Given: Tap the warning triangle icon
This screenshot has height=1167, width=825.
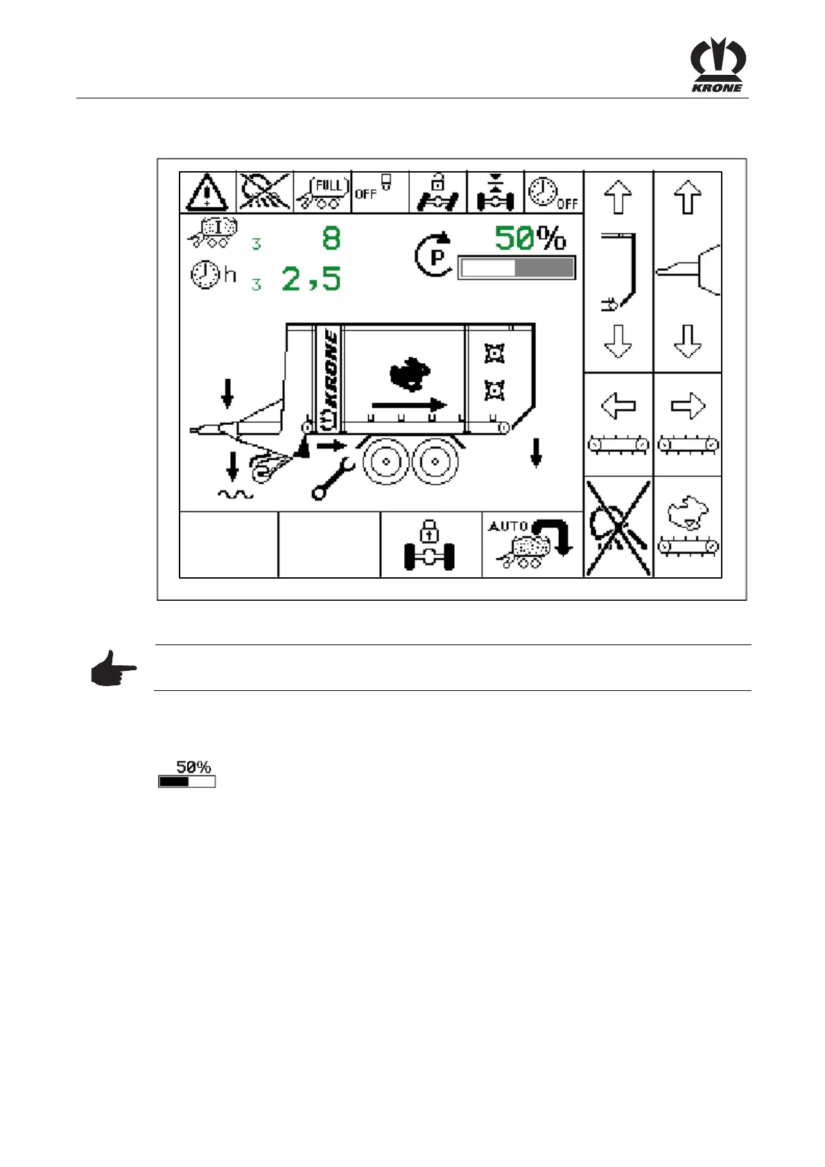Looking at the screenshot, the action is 207,191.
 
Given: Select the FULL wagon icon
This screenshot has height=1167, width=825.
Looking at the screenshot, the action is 322,192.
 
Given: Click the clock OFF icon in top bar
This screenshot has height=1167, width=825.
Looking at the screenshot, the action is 553,192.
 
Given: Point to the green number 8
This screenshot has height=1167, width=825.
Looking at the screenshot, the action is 331,238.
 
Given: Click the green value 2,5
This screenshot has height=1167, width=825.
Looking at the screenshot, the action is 311,279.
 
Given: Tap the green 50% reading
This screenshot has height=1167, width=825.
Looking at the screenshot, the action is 530,238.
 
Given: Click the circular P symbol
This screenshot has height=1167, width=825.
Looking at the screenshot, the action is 435,256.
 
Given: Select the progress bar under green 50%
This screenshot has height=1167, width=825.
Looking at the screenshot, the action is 516,268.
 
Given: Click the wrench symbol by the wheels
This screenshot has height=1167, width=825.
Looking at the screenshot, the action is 333,479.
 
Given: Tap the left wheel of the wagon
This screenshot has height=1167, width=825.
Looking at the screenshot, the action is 387,461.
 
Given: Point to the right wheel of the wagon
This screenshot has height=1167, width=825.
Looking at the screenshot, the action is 435,461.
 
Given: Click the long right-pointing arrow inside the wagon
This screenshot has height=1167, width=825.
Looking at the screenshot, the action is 409,404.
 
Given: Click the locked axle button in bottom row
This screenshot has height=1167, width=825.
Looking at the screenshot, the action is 430,545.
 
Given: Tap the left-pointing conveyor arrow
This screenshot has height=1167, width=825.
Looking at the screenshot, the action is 618,406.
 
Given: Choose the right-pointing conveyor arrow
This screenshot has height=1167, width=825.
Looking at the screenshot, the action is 688,406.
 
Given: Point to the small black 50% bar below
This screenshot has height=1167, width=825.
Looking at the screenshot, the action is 186,782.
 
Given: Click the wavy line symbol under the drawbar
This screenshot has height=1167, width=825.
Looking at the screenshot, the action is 236,495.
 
